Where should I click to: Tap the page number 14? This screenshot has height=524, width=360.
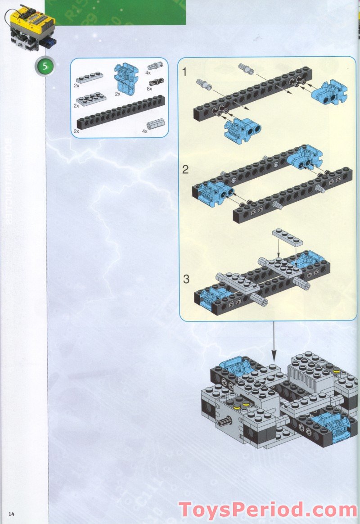point(11,514)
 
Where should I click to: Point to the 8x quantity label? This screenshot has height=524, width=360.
point(149,89)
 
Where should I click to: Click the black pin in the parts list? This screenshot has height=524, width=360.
point(157,82)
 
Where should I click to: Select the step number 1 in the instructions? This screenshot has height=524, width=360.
point(185,72)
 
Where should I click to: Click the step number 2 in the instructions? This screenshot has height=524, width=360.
point(185,170)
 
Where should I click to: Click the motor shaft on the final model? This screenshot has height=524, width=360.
point(224,422)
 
